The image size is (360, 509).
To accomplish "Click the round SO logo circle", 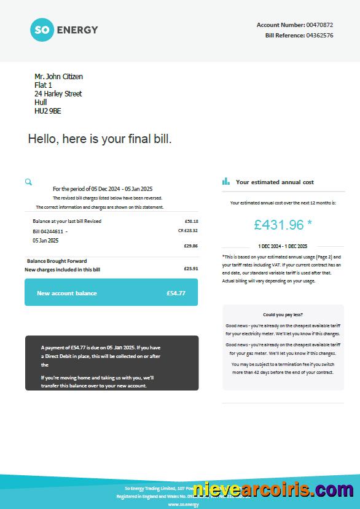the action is (42, 29).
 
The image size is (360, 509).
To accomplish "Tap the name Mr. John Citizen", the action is (58, 77).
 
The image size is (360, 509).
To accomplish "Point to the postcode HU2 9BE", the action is (48, 111).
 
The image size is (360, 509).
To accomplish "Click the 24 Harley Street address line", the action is (58, 94).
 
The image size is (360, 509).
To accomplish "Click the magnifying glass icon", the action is (28, 182).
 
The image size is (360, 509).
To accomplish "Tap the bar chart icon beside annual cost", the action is (226, 182).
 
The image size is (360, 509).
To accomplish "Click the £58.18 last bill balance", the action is (191, 221).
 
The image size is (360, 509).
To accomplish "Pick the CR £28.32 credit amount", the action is (188, 230).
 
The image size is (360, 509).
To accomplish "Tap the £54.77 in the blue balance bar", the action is (176, 293).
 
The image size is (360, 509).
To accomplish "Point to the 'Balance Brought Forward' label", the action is (57, 261).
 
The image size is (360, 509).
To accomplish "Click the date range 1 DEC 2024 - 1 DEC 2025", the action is (283, 246).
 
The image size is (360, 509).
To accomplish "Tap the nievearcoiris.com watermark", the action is (273, 490).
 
